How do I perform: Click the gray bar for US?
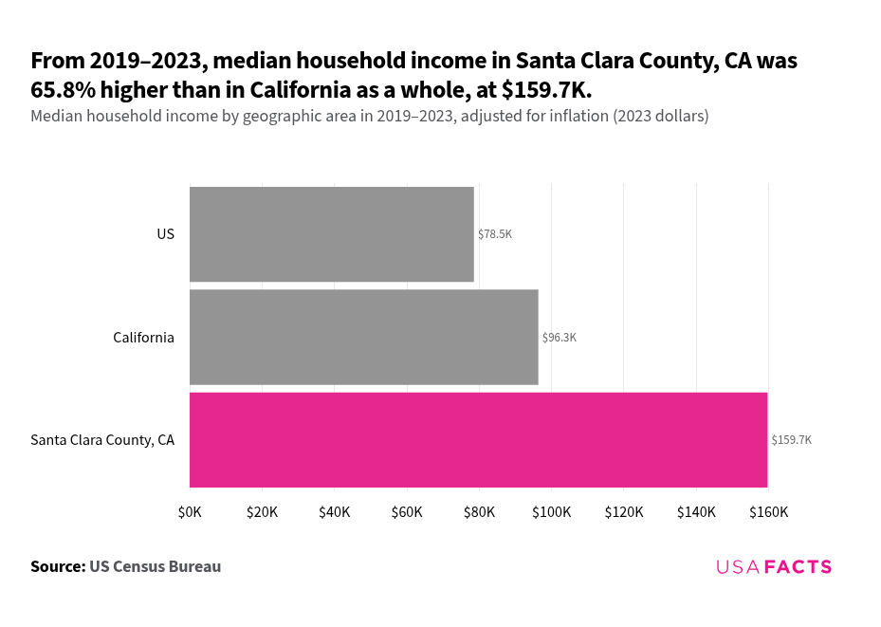[331, 234]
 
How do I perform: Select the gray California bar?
[363, 338]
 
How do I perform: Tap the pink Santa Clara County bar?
[478, 440]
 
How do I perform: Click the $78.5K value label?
[495, 234]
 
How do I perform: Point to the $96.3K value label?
[560, 338]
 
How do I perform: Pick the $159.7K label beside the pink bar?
[792, 440]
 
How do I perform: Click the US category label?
[166, 234]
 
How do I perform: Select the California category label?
[143, 338]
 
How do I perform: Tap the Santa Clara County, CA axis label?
[102, 440]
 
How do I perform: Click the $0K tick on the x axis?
[190, 512]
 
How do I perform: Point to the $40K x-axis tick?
[335, 512]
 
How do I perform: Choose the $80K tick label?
[479, 512]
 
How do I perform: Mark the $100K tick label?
[551, 512]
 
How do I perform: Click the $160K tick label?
[768, 512]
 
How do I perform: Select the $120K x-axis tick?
[624, 512]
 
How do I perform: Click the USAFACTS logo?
[774, 567]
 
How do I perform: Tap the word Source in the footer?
[57, 567]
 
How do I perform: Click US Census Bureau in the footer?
[156, 567]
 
